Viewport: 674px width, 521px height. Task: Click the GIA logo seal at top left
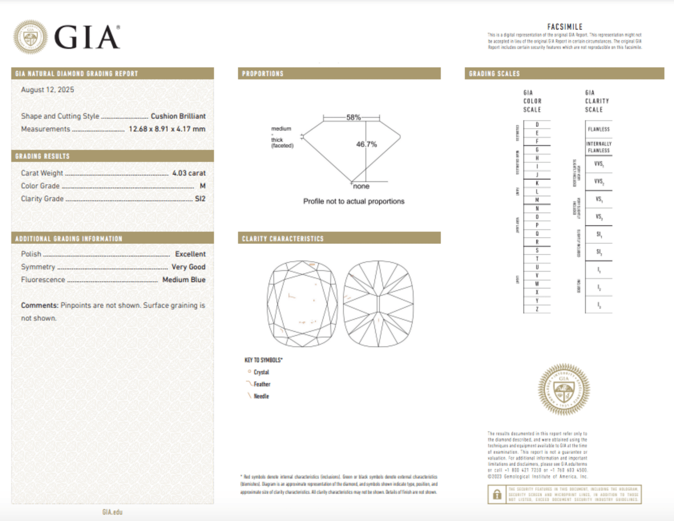coord(30,37)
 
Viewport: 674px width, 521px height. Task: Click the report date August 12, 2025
coord(48,90)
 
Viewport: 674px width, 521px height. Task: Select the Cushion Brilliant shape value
coord(178,116)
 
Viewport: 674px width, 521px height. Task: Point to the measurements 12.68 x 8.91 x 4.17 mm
coord(167,129)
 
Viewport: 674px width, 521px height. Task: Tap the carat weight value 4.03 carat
coord(188,173)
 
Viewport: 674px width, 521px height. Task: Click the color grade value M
coord(202,186)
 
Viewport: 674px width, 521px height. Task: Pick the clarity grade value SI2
coord(200,199)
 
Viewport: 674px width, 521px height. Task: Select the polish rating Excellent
coord(190,254)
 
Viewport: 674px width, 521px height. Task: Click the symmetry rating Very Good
coord(188,267)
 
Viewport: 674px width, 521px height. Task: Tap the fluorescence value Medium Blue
coord(184,280)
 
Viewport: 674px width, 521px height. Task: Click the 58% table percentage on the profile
coord(353,118)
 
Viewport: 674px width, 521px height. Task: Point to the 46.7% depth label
coord(366,145)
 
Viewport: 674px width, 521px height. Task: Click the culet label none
coord(361,187)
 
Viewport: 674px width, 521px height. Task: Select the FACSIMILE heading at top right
coord(564,27)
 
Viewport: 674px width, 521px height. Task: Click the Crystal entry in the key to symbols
coord(261,372)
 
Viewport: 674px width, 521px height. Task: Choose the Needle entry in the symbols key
coord(261,396)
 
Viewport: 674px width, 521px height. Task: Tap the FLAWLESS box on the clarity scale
coord(598,129)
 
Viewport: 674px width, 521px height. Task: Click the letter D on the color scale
coord(537,125)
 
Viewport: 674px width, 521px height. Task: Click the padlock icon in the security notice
coord(497,494)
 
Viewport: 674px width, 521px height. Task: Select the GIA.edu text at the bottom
coord(112,512)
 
